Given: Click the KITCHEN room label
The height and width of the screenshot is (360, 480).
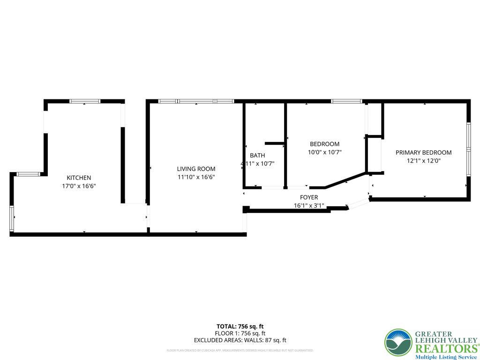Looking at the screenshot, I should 79,178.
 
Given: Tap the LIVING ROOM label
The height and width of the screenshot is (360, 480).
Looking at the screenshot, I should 196,169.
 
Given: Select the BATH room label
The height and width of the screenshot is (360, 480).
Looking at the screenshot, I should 257,155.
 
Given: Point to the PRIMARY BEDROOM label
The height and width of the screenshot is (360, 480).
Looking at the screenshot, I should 423,152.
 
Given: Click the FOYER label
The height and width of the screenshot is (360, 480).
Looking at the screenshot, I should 309,197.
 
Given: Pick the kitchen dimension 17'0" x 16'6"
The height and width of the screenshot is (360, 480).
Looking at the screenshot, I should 79,186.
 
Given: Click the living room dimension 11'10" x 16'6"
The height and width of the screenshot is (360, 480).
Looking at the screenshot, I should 196,177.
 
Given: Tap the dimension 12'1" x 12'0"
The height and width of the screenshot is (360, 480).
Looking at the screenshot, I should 423,161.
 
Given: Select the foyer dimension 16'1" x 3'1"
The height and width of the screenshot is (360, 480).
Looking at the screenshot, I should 309,206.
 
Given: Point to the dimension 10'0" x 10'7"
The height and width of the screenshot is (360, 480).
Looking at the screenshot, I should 324,152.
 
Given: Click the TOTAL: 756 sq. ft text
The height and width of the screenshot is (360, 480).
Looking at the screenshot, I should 240,326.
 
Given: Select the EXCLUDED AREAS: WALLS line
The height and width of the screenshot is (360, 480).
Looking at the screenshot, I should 240,340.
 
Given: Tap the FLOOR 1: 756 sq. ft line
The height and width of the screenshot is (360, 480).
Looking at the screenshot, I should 240,333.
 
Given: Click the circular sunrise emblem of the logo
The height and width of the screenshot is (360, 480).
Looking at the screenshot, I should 398,342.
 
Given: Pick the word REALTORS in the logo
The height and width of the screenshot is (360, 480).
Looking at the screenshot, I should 446,349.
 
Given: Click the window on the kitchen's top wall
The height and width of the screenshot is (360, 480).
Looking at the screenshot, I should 85,101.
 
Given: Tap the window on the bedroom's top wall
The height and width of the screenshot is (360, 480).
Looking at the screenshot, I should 346,101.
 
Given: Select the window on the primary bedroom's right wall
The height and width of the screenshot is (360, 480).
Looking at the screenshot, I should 468,150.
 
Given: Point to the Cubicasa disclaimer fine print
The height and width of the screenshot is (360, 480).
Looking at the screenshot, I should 240,350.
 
